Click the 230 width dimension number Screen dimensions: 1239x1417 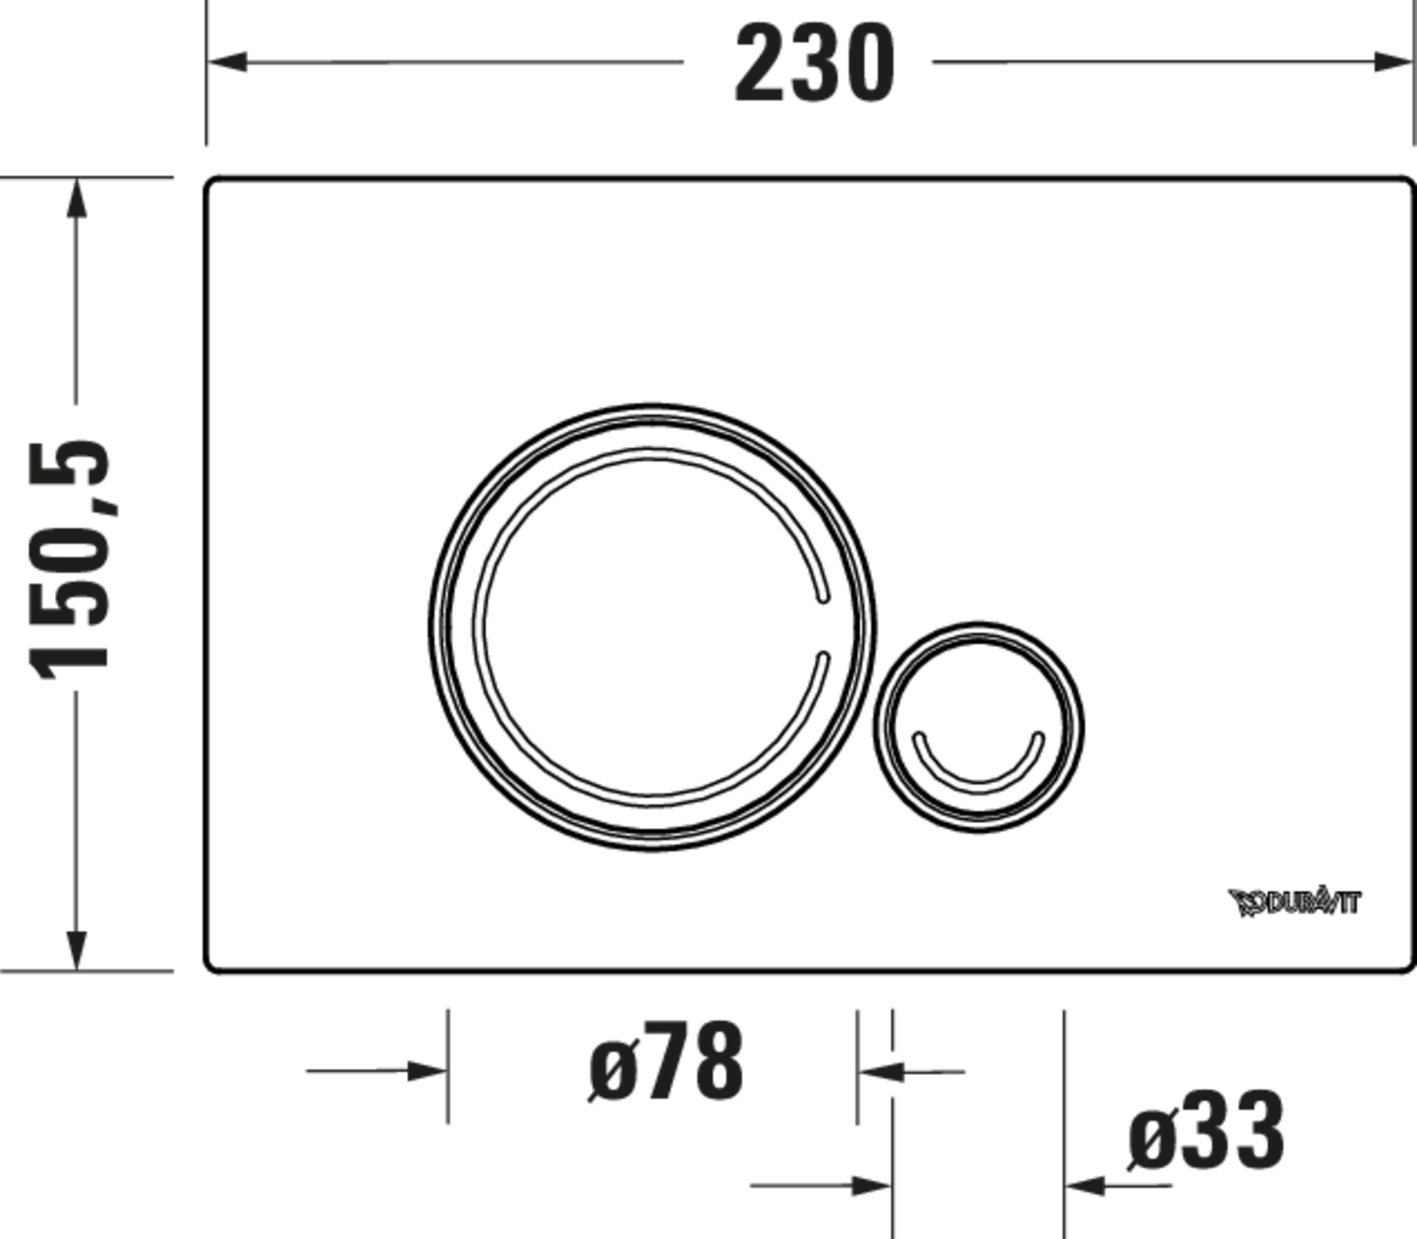[x=814, y=64]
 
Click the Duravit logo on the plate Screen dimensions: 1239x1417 [x=1294, y=902]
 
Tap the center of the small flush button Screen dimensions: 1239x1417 [x=978, y=726]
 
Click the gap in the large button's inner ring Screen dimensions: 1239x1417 [x=823, y=626]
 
